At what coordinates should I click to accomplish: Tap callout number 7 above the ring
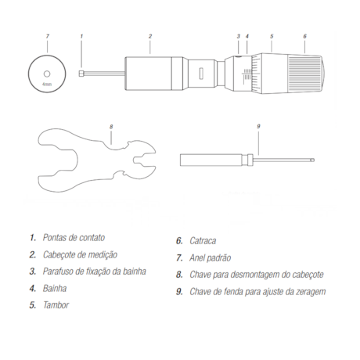(x=48, y=36)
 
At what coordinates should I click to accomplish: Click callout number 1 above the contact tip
(x=82, y=36)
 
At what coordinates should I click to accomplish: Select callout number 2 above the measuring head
(x=149, y=36)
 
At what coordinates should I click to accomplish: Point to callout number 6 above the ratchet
(x=304, y=36)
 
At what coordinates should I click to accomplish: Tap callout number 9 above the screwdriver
(x=257, y=125)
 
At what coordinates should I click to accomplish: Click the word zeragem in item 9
(x=307, y=292)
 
